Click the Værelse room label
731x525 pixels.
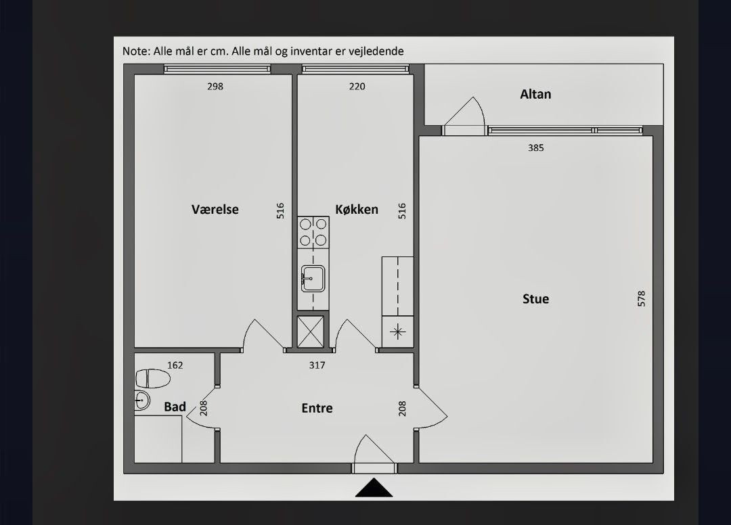(x=215, y=210)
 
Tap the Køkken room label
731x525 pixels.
(x=357, y=210)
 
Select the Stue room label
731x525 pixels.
(x=535, y=298)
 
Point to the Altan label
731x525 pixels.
(x=535, y=95)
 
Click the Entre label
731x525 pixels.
(x=317, y=408)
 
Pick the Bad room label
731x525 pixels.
(x=175, y=407)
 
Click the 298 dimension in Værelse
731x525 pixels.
(x=215, y=86)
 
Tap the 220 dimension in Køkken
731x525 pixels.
(x=357, y=86)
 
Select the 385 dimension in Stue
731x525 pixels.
(x=535, y=147)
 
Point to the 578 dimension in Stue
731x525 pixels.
(x=642, y=298)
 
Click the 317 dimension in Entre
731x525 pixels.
(x=317, y=365)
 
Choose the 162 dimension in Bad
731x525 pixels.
(x=175, y=365)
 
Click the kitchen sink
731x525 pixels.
(x=313, y=278)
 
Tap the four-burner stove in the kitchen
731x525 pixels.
(x=313, y=233)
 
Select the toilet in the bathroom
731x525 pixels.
(x=152, y=378)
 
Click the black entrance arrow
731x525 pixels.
(x=374, y=488)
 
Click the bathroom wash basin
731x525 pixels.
(x=141, y=400)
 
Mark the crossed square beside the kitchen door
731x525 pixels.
(x=311, y=332)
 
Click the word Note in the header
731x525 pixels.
(x=135, y=51)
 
